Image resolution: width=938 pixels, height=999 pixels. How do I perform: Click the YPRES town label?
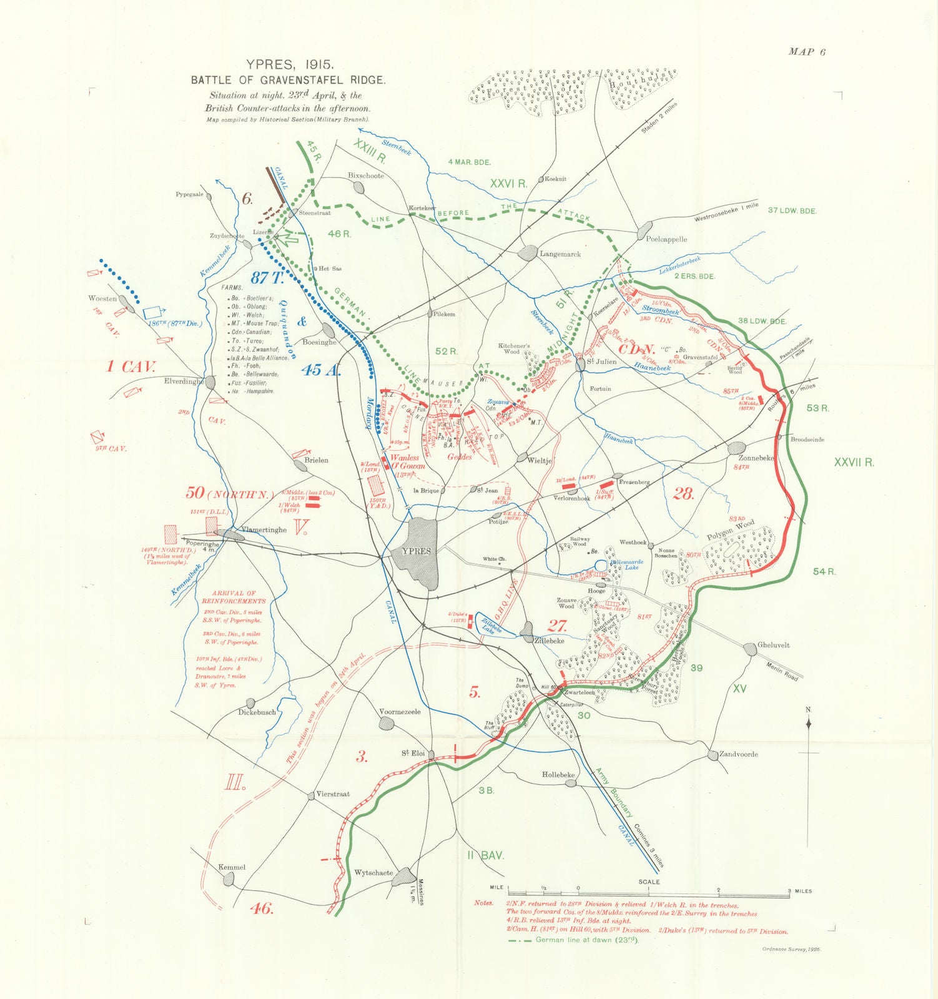tap(416, 551)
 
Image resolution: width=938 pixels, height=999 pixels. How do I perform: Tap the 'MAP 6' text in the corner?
tap(806, 52)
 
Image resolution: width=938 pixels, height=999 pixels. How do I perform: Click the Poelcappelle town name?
tap(666, 239)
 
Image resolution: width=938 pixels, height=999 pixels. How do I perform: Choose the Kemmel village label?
tap(231, 867)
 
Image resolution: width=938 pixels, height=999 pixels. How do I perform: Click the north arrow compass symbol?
tap(809, 725)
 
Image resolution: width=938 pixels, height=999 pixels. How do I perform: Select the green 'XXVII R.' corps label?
tap(854, 462)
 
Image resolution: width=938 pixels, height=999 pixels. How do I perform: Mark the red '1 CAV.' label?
tap(131, 367)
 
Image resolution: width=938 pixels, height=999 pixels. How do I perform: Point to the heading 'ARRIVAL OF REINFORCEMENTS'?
tap(234, 598)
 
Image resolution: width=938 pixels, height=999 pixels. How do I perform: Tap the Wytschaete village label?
tap(373, 873)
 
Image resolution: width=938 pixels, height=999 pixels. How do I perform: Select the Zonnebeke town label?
tap(756, 458)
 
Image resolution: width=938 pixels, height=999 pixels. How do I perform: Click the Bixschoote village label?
tap(365, 175)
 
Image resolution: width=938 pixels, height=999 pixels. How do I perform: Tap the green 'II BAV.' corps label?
tap(485, 855)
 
